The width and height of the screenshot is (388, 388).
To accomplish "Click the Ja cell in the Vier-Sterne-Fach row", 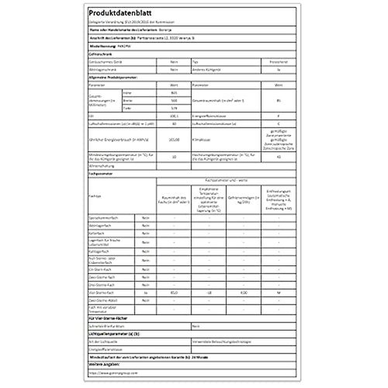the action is [144, 291].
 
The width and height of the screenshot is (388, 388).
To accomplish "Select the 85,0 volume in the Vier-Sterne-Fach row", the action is [174, 291].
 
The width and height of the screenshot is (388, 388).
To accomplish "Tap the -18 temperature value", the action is [209, 291].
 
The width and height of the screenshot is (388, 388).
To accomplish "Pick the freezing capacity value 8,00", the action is [243, 291].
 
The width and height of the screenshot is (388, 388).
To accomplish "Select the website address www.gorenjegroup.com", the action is [135, 372].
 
